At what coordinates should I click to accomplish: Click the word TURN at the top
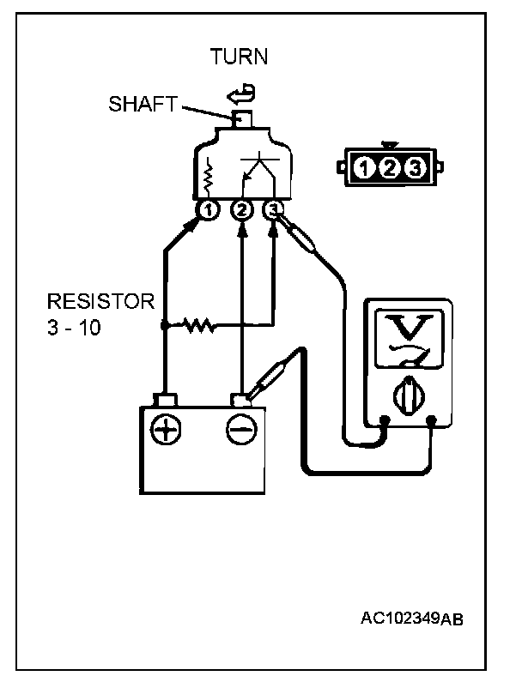(x=240, y=57)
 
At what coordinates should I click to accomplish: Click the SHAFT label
(x=143, y=105)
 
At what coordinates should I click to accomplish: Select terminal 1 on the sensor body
(x=208, y=209)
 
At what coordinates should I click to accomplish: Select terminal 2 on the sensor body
(x=242, y=209)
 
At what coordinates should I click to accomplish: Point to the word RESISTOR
(x=100, y=302)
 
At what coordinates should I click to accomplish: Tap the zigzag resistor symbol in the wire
(x=198, y=326)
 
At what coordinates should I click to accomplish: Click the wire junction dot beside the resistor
(x=163, y=326)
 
